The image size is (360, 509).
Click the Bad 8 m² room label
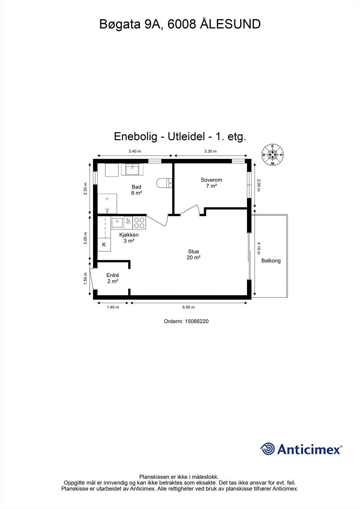[136, 190]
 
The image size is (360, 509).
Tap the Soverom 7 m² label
[211, 183]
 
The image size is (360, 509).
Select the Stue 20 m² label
[193, 254]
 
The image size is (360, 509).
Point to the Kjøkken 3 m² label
[129, 238]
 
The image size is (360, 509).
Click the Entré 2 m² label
[113, 278]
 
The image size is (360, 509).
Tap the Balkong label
[271, 261]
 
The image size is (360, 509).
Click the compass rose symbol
[272, 155]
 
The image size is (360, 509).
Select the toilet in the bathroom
[164, 183]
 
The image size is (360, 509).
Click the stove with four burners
[139, 222]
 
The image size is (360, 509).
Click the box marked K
[104, 245]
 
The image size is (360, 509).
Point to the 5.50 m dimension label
[188, 307]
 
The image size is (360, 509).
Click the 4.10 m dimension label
[259, 248]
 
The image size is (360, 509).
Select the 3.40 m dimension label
[135, 151]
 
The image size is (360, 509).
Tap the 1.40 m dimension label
[113, 307]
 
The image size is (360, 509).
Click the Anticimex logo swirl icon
[267, 449]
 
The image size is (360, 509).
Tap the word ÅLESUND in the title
[230, 24]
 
